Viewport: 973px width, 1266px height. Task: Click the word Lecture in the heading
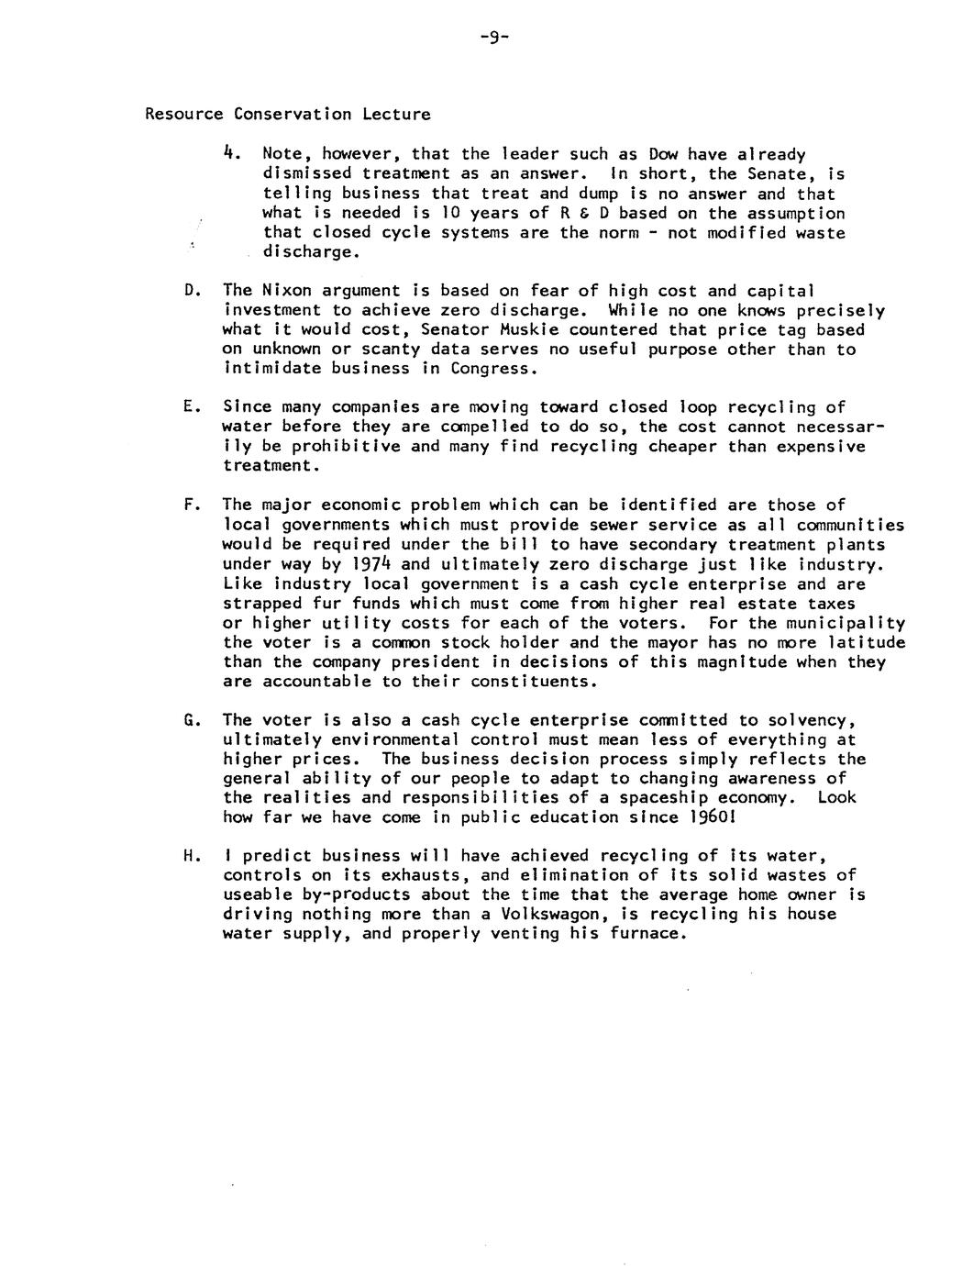tap(396, 115)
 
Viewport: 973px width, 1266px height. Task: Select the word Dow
tap(663, 154)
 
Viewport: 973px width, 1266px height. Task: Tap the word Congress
tap(490, 369)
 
